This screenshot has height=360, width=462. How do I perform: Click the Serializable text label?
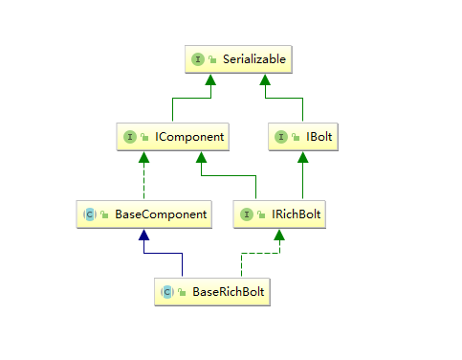pos(253,59)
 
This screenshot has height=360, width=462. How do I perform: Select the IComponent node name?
pos(189,137)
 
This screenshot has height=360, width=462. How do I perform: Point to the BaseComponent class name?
pos(161,214)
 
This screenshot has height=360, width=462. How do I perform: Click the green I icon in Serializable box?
pos(198,59)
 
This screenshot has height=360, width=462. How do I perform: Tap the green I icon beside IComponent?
pos(129,137)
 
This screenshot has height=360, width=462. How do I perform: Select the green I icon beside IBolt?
pos(281,137)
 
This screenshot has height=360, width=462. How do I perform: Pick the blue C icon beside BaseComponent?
pos(89,214)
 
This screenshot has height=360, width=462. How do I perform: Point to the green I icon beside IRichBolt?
pos(248,214)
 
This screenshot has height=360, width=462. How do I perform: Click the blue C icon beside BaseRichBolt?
pos(167,291)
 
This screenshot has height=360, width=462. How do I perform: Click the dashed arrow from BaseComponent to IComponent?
pos(143,177)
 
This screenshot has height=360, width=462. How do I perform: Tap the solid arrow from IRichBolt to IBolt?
pos(302,177)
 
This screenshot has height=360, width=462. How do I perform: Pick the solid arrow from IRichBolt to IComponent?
pos(230,176)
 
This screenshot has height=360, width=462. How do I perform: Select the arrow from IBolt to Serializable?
pos(287,99)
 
